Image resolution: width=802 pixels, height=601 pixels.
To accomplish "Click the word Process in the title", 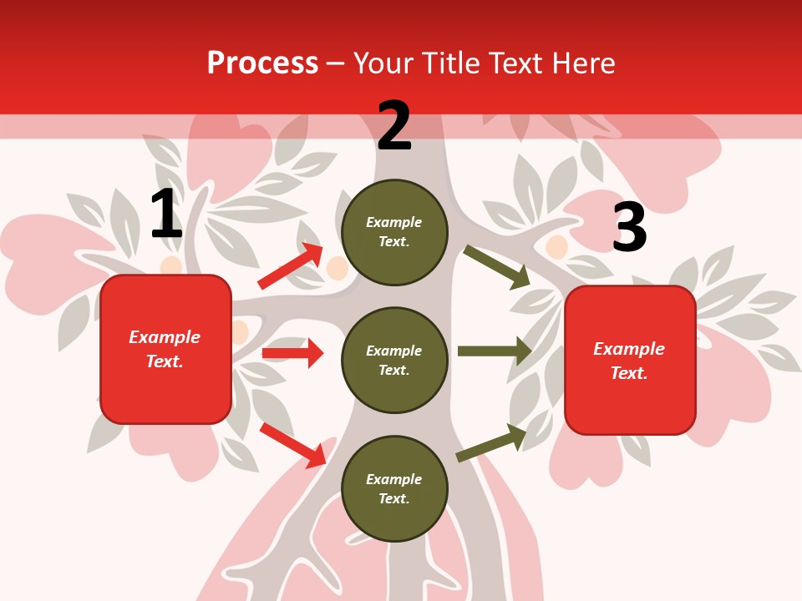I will tap(262, 63).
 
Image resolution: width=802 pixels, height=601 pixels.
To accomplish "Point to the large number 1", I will tap(166, 215).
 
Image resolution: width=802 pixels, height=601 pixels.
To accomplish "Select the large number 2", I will tap(394, 126).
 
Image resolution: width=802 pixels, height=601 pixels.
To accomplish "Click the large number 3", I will tap(629, 228).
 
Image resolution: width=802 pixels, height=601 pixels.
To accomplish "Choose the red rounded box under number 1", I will tap(165, 349).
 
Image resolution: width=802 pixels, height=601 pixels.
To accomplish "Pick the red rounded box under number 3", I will tap(630, 360).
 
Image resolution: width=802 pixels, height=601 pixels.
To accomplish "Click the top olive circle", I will tap(394, 232).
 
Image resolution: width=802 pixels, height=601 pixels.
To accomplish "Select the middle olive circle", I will tap(394, 360).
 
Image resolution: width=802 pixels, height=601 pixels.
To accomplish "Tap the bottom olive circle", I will tap(394, 488).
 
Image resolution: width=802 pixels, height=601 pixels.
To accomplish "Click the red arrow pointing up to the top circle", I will tap(291, 266).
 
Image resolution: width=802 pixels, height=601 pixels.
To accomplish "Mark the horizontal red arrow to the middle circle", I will tap(292, 353).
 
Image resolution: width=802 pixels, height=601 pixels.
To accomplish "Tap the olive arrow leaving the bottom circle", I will tap(491, 442).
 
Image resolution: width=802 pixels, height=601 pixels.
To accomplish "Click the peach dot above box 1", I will tap(171, 266).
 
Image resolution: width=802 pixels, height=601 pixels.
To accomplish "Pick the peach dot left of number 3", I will tap(556, 246).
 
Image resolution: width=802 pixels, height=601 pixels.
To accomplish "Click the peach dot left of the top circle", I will tap(337, 268).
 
